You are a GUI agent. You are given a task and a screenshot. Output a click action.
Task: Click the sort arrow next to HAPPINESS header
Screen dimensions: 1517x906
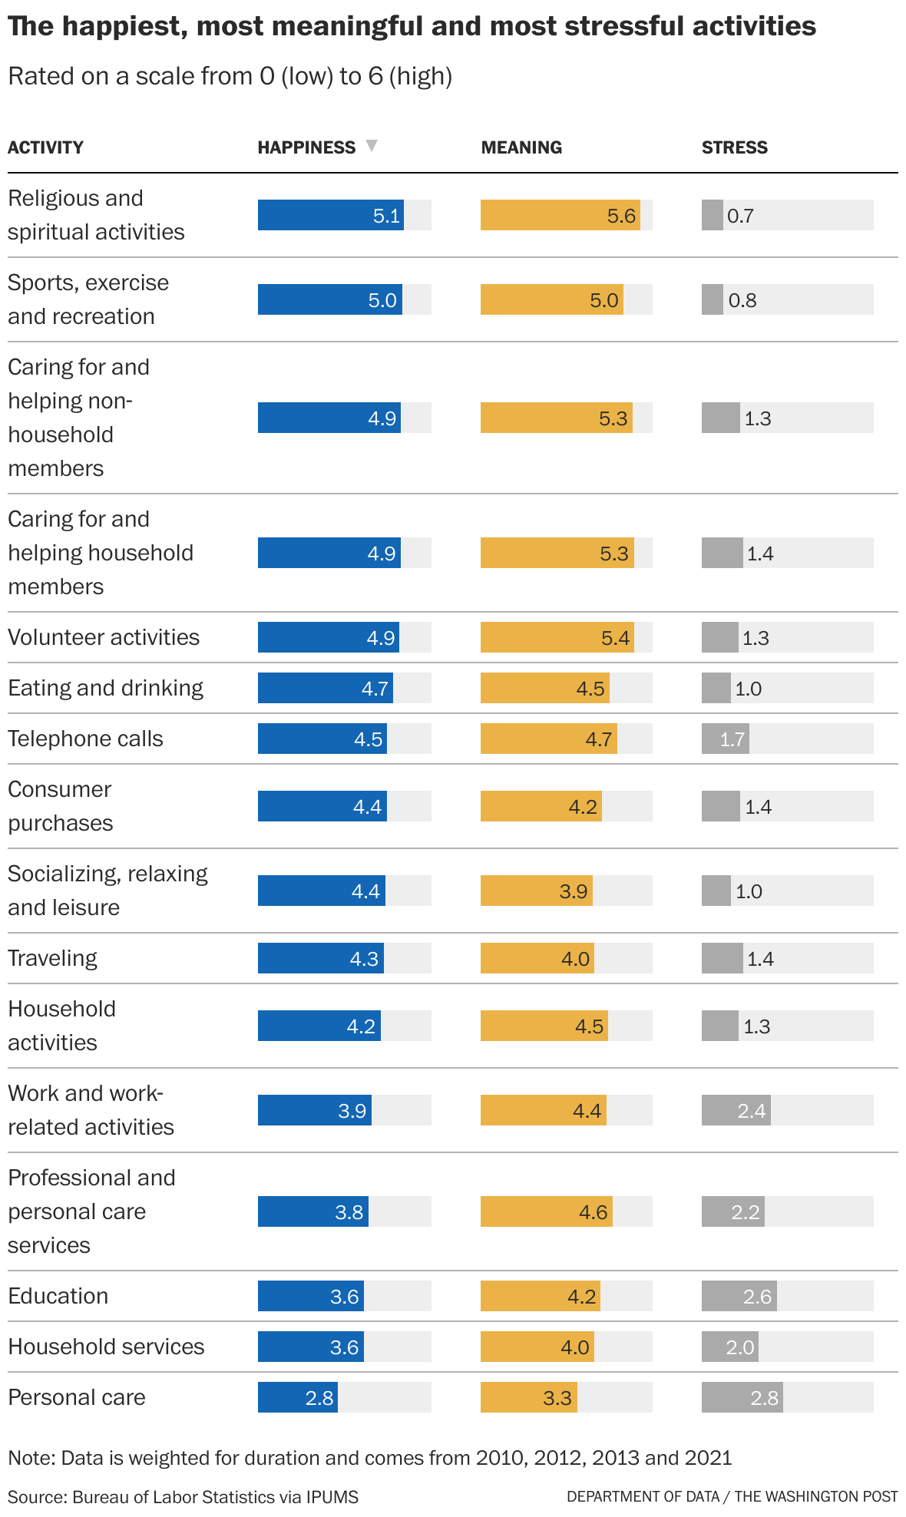(372, 146)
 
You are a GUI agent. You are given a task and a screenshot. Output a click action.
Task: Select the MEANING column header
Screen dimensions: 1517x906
(521, 147)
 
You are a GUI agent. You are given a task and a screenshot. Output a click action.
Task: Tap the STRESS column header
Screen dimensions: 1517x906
(734, 147)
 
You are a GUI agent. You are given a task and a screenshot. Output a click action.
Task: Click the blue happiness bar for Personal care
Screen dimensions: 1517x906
(297, 1397)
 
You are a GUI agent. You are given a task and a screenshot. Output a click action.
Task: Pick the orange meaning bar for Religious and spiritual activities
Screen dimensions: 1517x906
(559, 215)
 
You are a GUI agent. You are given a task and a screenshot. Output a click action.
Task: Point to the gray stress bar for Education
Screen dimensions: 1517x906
(739, 1296)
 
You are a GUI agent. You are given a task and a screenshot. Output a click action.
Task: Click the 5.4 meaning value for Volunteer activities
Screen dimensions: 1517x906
(615, 638)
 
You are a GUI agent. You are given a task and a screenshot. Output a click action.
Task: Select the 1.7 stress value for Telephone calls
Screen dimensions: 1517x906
(732, 739)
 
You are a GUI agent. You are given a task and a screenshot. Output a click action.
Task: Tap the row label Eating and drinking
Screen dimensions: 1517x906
(106, 688)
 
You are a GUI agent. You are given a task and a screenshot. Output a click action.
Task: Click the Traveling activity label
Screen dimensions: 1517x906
(52, 958)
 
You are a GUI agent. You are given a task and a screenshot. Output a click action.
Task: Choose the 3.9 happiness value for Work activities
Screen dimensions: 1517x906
(352, 1111)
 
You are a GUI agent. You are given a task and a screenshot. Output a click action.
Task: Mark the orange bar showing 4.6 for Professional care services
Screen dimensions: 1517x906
(545, 1211)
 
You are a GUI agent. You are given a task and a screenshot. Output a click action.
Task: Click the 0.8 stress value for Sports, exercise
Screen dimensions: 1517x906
(742, 300)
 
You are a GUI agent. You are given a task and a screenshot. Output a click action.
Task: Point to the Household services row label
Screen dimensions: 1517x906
(106, 1347)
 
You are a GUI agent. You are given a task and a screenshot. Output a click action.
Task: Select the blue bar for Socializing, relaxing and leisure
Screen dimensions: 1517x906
(321, 891)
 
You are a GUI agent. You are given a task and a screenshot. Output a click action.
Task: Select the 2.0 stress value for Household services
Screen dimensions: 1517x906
(739, 1347)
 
